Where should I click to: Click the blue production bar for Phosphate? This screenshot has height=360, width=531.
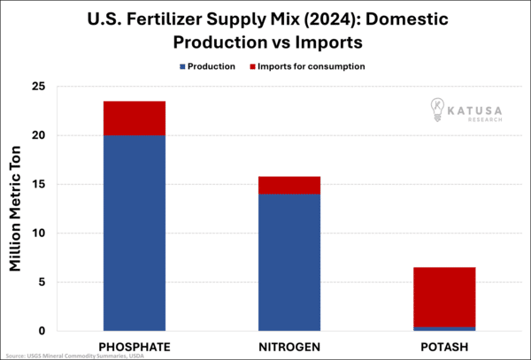[135, 234]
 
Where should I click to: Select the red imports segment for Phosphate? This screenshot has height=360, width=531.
[135, 119]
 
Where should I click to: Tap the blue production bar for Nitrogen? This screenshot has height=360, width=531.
[289, 263]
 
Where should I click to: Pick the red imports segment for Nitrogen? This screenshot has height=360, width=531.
[289, 185]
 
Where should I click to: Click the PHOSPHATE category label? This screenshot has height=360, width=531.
[135, 344]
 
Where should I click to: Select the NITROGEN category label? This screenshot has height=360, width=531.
[289, 344]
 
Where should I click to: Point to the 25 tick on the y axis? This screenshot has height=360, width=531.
[39, 87]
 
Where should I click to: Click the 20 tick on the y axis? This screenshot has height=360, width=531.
[39, 136]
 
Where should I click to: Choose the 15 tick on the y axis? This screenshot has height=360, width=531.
[39, 185]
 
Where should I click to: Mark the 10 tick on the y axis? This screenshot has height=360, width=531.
[39, 234]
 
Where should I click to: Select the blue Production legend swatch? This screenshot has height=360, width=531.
[182, 66]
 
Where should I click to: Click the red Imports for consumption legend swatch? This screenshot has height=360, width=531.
[253, 66]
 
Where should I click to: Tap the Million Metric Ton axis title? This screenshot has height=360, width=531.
[15, 209]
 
